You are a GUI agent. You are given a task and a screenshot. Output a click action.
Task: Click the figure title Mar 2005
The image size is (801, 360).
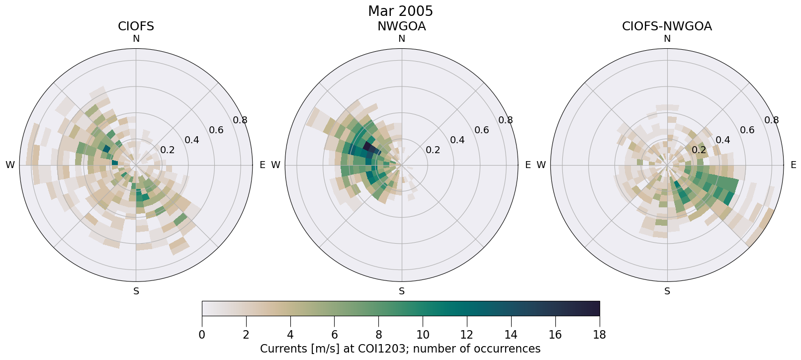pos(400,11)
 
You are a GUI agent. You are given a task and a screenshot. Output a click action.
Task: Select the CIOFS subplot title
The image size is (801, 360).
pos(136,26)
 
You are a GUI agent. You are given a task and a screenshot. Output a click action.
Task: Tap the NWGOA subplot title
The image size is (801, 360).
pos(401,26)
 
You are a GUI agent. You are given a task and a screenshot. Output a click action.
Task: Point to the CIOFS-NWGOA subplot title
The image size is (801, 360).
pos(667,26)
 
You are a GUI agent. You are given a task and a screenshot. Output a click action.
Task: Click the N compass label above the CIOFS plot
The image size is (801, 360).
pos(136,39)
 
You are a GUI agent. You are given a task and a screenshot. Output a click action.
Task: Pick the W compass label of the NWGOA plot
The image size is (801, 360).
pos(275,165)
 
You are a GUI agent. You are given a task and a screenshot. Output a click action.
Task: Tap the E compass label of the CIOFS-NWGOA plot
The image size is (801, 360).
pos(793,165)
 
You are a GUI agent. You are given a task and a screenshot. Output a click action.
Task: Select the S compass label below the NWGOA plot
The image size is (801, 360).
pos(402,291)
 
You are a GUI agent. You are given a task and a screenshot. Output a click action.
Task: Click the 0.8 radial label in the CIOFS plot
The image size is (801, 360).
pos(240,120)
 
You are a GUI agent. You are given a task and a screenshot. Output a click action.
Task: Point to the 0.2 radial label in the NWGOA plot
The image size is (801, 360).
pos(433,150)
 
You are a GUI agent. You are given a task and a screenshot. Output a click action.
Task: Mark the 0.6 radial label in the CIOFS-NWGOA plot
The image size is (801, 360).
pos(747,130)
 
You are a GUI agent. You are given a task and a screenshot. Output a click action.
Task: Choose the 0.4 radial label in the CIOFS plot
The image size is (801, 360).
pos(192,140)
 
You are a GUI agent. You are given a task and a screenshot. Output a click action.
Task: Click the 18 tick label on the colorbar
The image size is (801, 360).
pos(599,335)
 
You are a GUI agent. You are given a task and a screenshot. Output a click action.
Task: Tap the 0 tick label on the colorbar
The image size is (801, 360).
pos(202,335)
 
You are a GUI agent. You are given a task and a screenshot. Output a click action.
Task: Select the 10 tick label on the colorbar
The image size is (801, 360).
pos(423,335)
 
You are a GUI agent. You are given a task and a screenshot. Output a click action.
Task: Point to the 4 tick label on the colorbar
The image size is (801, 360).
pos(290,335)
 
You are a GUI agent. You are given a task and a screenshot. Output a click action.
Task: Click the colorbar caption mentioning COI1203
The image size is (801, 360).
pos(400,349)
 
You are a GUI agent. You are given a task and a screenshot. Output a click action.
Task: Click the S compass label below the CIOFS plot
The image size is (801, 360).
pos(136,291)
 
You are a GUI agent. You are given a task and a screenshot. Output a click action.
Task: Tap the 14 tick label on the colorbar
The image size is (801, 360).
pos(511,335)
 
